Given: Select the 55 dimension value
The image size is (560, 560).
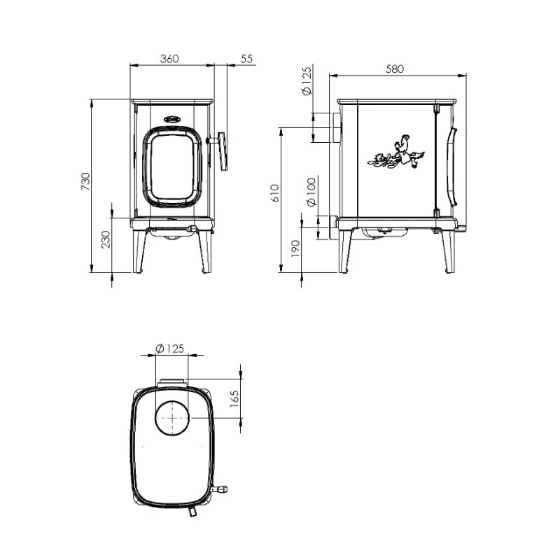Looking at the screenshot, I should coord(246,59).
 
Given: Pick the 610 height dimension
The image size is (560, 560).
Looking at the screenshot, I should coord(274,193).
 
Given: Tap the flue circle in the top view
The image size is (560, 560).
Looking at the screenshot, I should coord(171,417).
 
